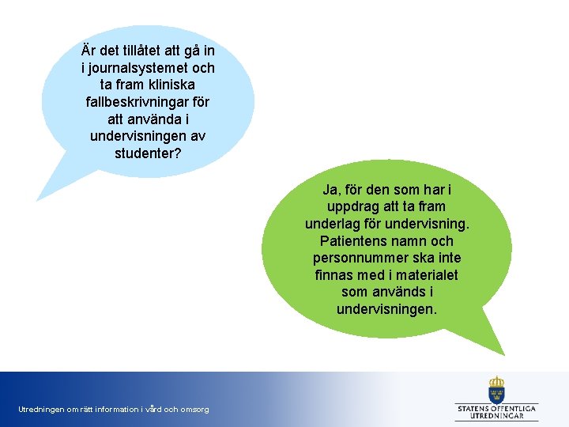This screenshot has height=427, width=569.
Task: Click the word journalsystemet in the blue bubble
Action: coord(139,68)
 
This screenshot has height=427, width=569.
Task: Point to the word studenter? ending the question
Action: coord(148,152)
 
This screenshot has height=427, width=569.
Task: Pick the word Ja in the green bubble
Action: coord(330,191)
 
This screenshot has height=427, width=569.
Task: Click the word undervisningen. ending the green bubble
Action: coord(386,309)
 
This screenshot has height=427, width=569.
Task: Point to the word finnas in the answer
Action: coord(334,275)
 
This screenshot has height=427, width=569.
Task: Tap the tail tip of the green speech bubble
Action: coord(503,353)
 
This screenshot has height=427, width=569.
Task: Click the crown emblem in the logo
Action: coord(496,388)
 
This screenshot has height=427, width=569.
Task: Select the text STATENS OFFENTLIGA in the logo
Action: coord(496,408)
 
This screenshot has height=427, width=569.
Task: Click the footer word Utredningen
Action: coord(41,410)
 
